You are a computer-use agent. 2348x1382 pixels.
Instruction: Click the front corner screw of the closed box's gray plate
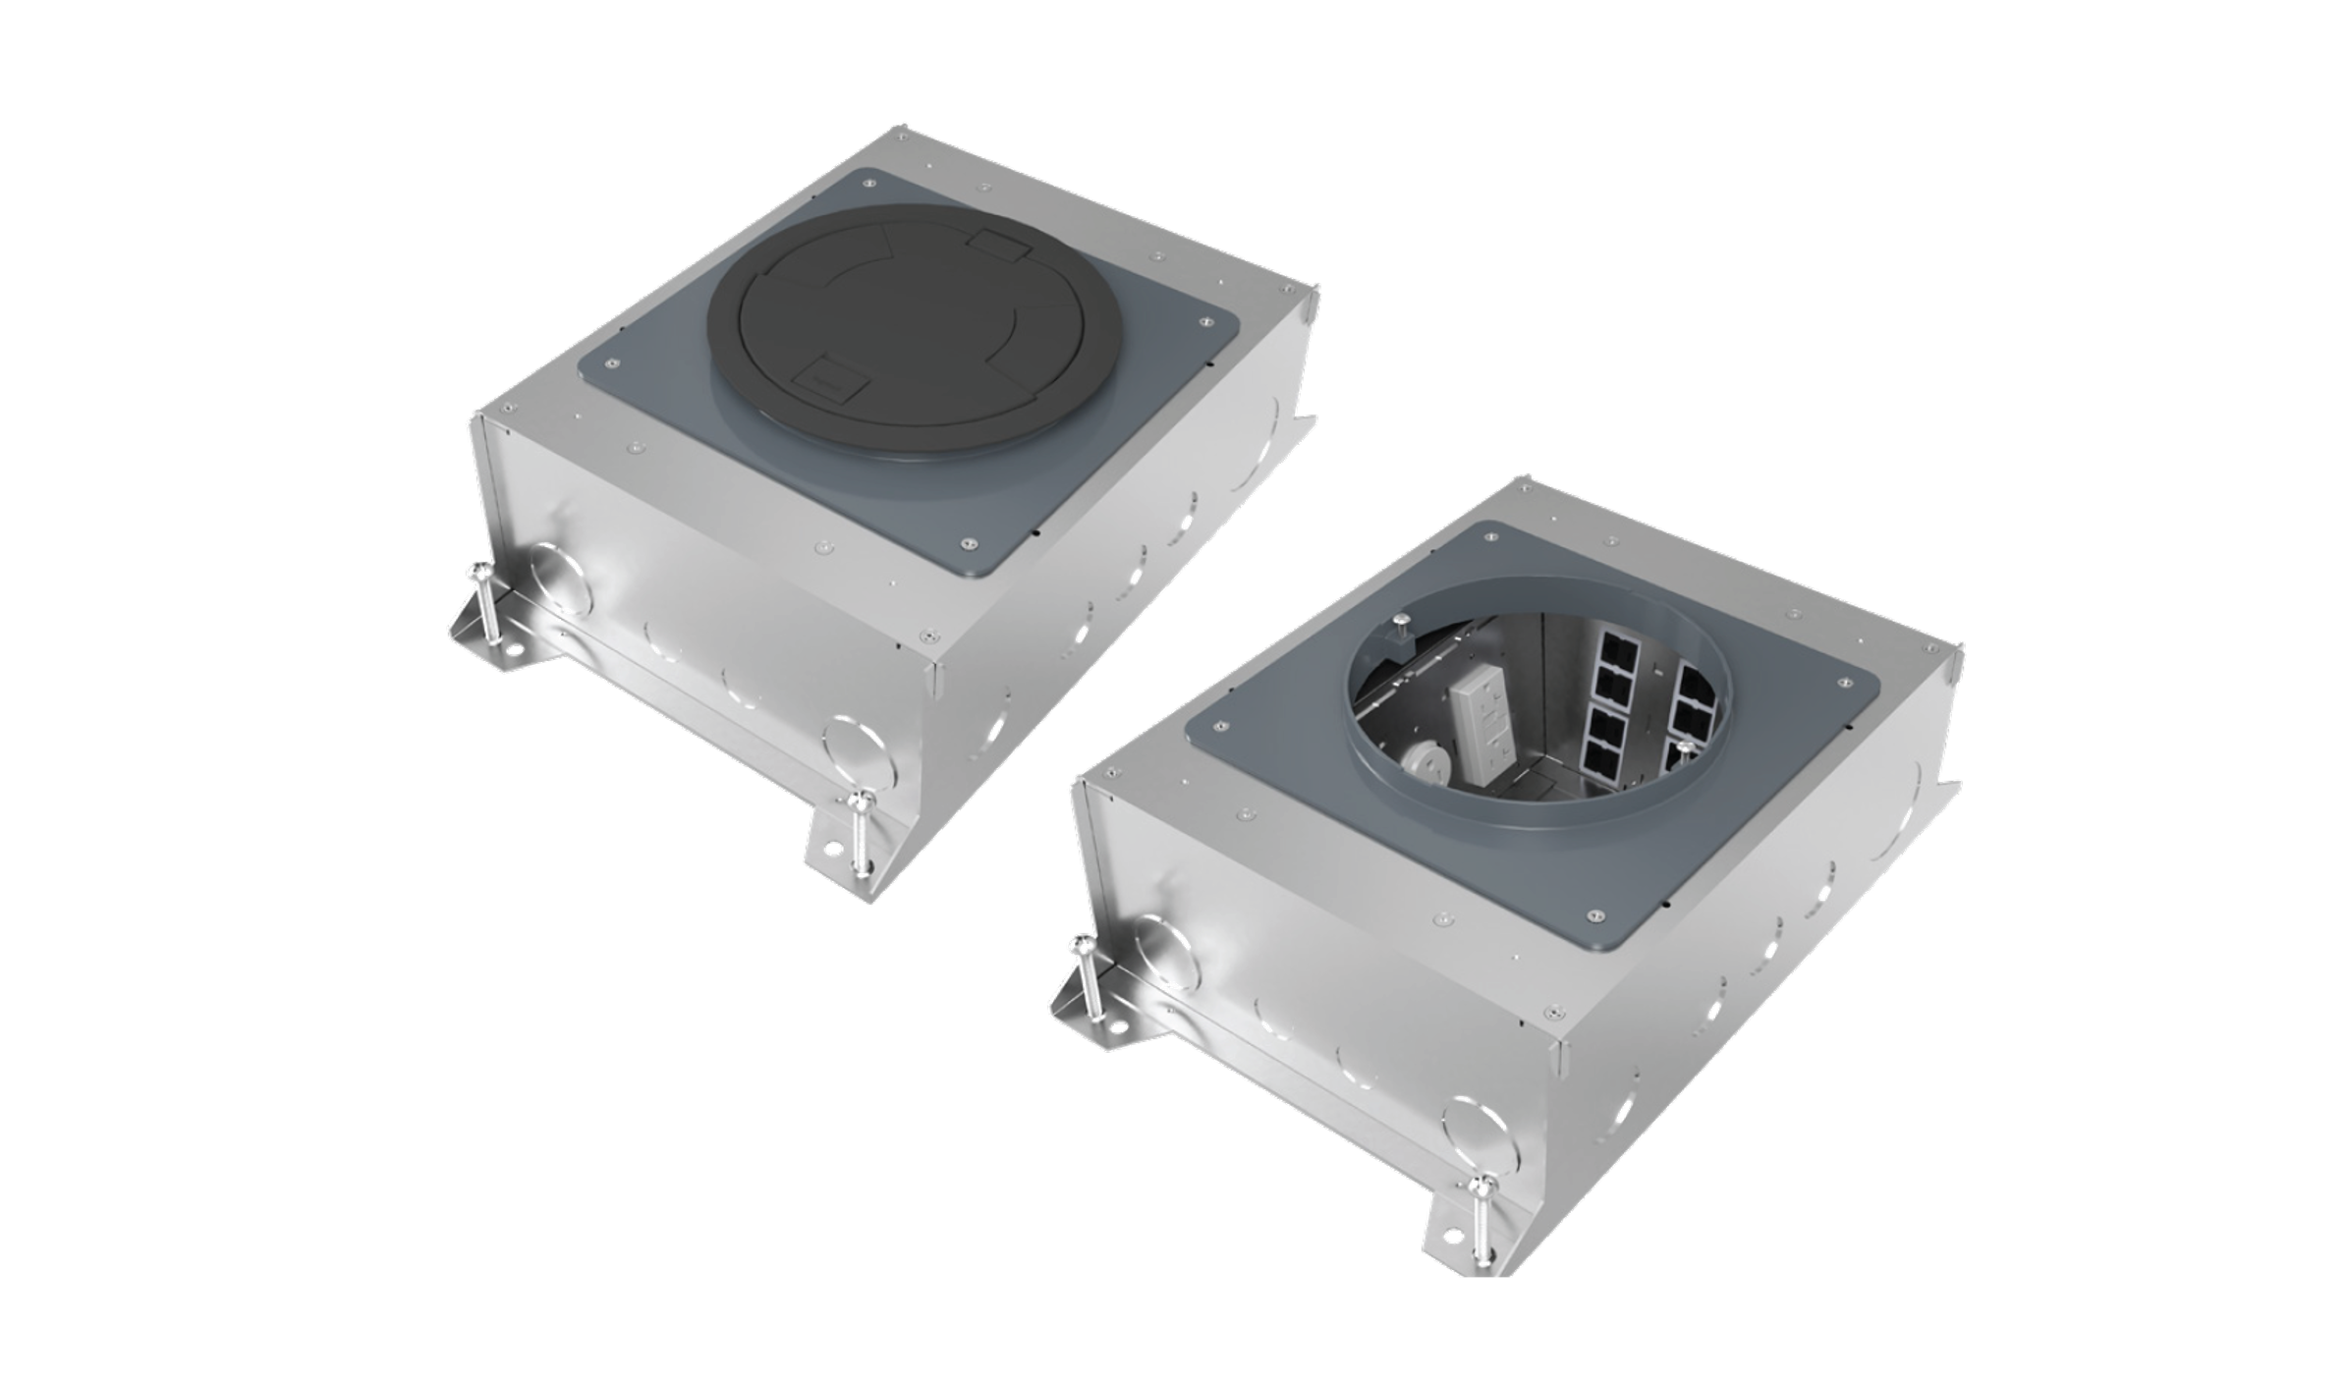pos(970,541)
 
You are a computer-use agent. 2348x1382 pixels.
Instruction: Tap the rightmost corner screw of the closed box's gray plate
pos(1203,318)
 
